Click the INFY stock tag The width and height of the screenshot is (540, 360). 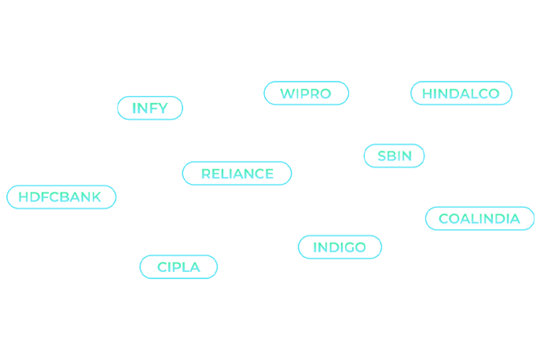(x=150, y=108)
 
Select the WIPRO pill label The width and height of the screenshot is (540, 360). (x=306, y=93)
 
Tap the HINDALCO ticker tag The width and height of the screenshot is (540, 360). (x=461, y=93)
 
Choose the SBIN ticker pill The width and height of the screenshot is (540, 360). (x=394, y=155)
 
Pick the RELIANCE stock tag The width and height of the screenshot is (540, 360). (x=237, y=174)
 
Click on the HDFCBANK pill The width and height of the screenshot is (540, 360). (x=61, y=197)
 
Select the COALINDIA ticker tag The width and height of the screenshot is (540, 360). (x=480, y=218)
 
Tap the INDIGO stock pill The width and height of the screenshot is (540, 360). (x=340, y=247)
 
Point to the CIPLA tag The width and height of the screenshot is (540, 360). (x=178, y=267)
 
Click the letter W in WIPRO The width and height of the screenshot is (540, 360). (x=287, y=94)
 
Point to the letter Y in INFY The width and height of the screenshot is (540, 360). (x=163, y=108)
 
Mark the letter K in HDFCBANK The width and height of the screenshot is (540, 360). (x=96, y=197)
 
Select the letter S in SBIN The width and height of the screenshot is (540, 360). (x=382, y=156)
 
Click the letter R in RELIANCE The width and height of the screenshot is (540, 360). (x=206, y=174)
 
